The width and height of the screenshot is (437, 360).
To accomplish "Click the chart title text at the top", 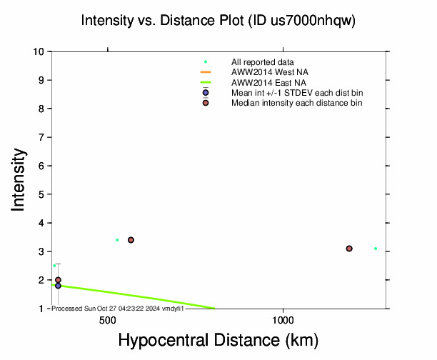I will coord(218,21).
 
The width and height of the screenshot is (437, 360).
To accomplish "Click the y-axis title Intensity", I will coord(19,179).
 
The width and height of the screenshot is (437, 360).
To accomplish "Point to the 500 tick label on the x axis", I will coord(107,319).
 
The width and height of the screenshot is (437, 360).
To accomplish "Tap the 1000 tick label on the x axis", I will coord(283,319).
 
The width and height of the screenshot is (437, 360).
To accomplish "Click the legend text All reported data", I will coord(262,62).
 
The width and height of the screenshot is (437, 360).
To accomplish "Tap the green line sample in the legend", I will coord(205,83).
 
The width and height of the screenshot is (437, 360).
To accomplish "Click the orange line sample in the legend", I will coord(205,72).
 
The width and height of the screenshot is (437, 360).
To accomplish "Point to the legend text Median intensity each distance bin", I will coord(296,104).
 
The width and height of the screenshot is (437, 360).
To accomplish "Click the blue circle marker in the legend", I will coord(206,93).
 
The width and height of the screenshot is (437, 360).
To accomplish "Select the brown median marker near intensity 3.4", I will coord(131,240).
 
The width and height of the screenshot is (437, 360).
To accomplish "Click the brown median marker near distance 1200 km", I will coord(349,249).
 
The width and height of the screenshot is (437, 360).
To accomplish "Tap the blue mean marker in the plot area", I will coord(58,286).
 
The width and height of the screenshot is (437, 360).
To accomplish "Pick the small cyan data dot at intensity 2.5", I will coord(54,266).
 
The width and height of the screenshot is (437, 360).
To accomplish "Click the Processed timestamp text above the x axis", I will coord(118,308).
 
